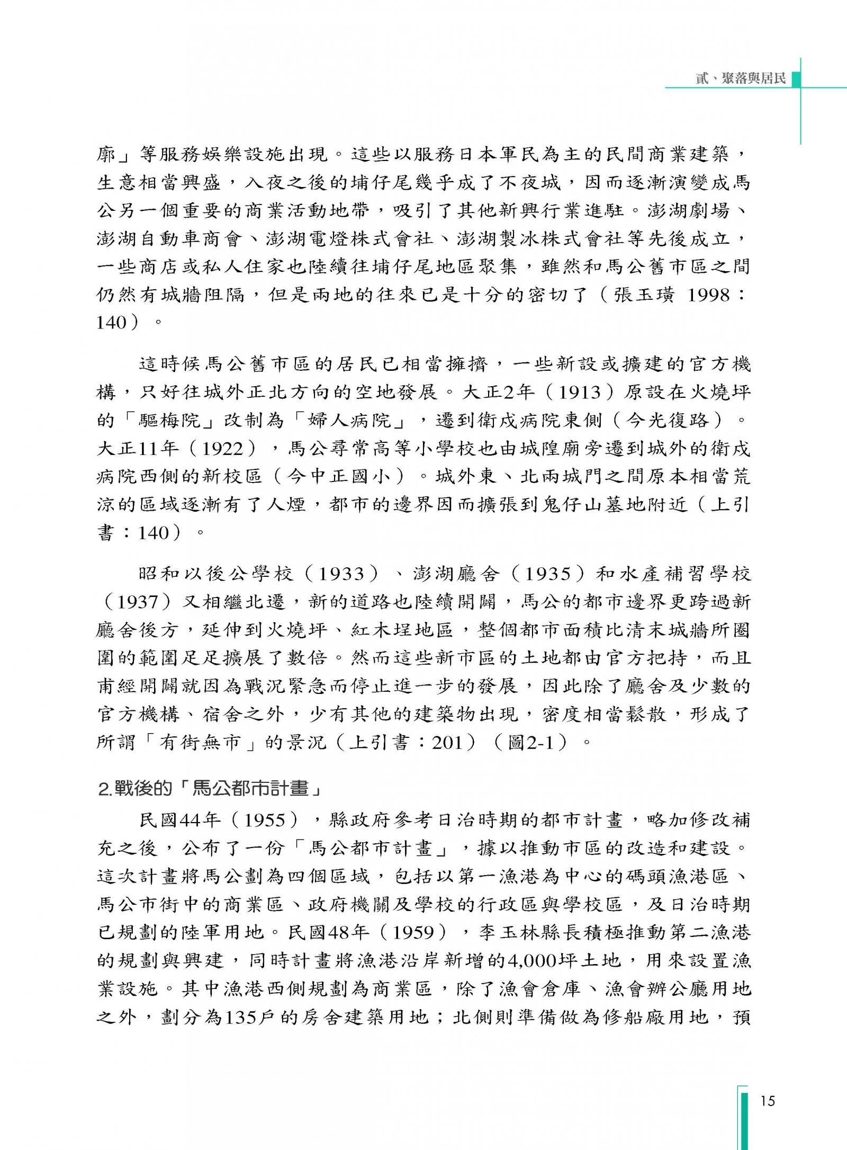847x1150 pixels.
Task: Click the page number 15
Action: [767, 1101]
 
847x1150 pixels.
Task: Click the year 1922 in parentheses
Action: [222, 449]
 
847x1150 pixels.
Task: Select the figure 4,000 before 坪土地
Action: [539, 960]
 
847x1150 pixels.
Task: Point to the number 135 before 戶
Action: [241, 1018]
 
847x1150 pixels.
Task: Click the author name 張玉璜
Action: [644, 295]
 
